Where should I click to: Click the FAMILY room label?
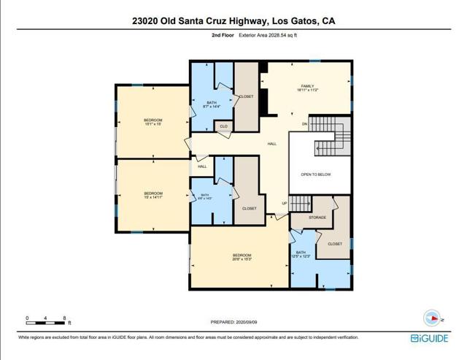(308, 86)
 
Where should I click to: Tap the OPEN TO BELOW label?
(316, 175)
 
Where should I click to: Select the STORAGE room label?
(317, 218)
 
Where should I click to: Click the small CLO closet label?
(224, 126)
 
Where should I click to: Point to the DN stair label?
(305, 124)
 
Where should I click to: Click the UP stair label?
(285, 203)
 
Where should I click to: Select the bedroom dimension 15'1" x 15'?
(153, 124)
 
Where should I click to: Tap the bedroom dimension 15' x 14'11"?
(153, 196)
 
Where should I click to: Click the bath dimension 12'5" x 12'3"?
(301, 256)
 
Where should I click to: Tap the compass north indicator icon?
(432, 318)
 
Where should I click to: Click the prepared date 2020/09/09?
(233, 322)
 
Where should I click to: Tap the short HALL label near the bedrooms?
(202, 166)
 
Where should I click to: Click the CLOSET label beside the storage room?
(335, 244)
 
